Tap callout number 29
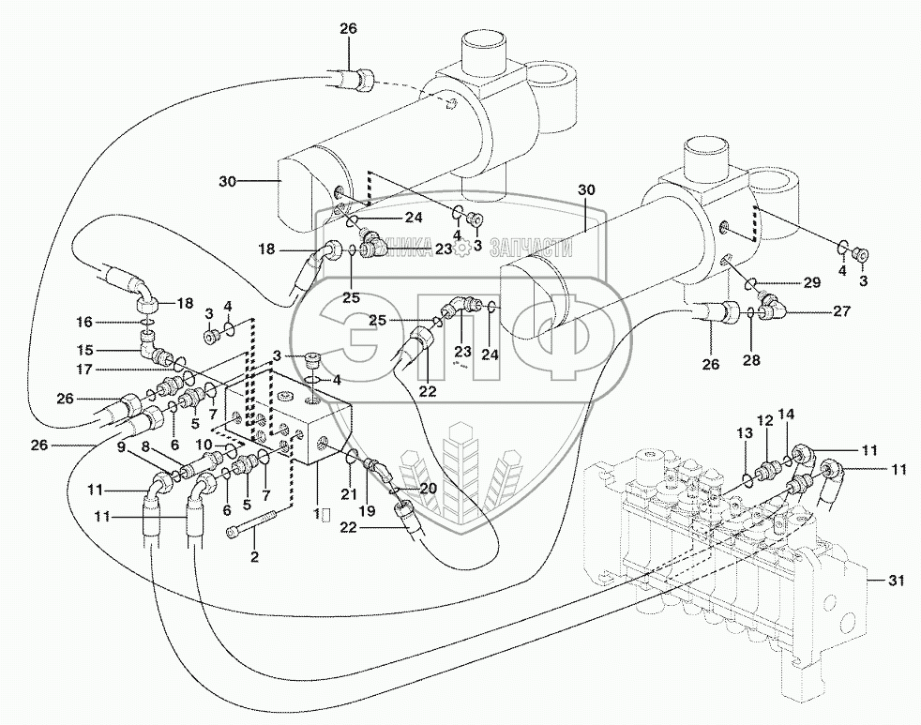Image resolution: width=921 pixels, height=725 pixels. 810,282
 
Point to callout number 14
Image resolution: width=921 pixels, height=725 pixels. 786,414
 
